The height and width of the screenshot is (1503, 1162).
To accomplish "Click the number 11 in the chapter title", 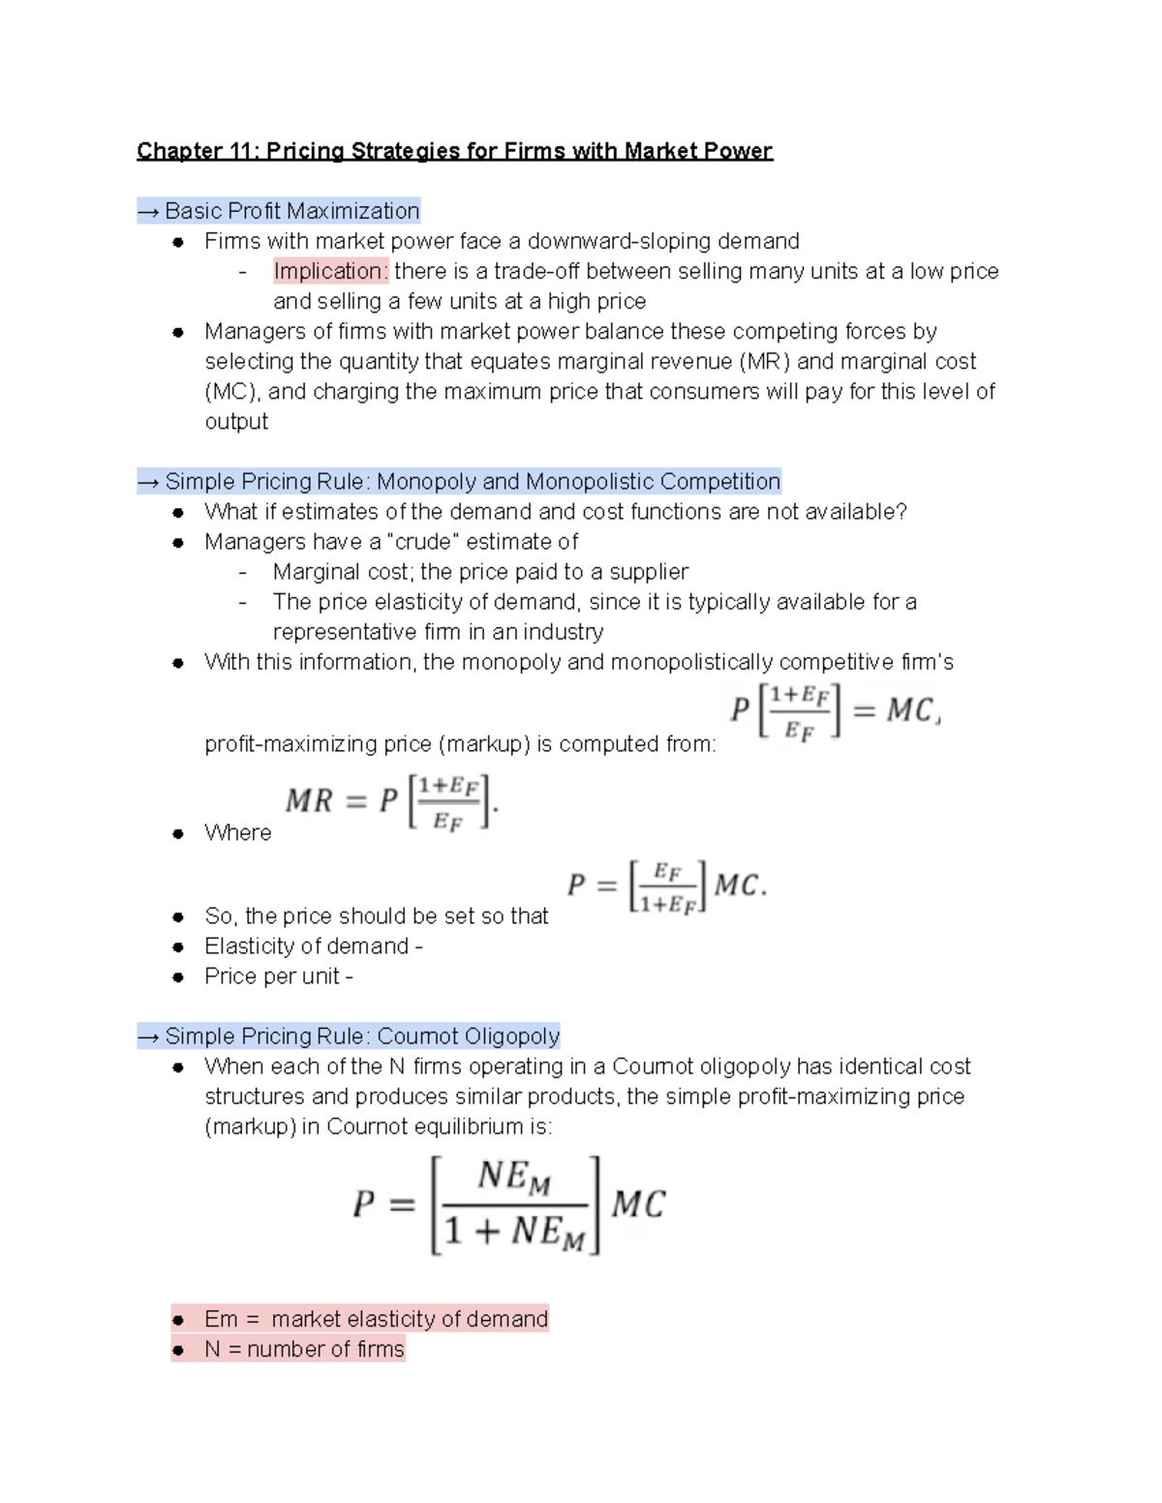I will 239,151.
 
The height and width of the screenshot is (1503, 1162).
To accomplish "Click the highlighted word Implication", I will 329,271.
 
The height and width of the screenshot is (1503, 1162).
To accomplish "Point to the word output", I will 236,421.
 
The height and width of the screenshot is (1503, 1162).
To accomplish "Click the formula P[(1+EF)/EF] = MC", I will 835,711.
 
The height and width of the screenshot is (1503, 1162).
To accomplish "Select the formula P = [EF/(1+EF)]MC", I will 666,886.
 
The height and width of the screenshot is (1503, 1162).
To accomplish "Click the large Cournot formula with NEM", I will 508,1205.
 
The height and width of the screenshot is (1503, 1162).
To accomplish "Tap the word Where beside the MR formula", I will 237,833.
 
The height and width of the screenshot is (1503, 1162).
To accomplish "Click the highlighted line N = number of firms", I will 304,1349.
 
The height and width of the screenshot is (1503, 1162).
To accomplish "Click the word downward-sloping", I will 619,241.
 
